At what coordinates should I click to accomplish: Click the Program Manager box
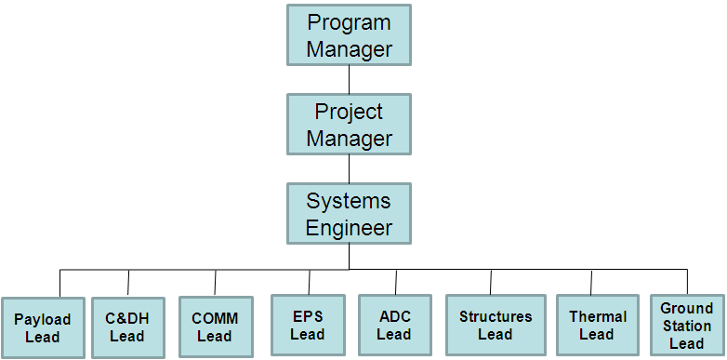coord(350,35)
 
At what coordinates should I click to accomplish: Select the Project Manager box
coord(350,125)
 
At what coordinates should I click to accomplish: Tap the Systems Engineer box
coord(350,214)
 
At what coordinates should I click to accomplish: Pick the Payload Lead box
coord(43,327)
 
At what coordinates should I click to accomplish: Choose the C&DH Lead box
coord(127,327)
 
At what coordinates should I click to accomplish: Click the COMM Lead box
coord(215,327)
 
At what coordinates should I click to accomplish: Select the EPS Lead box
coord(307,325)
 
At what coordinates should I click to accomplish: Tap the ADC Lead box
coord(394,325)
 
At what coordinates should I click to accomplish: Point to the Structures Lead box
coord(496,325)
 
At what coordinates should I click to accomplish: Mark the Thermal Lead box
coord(598,325)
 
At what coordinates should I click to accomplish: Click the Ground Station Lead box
coord(687,325)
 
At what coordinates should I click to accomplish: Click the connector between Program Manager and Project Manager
coord(350,79)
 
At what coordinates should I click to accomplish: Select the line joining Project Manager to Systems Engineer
coord(350,168)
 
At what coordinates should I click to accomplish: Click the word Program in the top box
coord(350,22)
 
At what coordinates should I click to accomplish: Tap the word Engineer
coord(350,228)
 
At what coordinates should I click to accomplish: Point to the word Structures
coord(496,316)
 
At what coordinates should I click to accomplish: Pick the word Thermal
coord(598,316)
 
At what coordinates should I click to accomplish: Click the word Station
coord(687,326)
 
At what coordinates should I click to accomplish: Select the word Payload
coord(43,319)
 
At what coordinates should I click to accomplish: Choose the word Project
coord(350,112)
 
